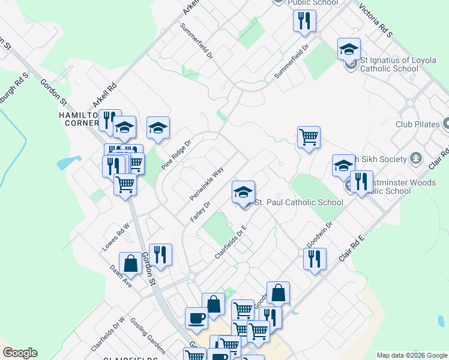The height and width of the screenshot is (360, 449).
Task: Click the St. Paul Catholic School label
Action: (x=299, y=202)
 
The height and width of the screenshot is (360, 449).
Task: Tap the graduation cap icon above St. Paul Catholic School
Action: (x=243, y=192)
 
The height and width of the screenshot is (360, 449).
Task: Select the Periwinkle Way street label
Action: (x=206, y=184)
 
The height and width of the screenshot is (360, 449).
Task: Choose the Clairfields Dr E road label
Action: (x=231, y=242)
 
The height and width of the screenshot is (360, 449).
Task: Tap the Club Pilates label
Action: (x=412, y=125)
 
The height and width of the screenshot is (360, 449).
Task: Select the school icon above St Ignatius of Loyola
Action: (x=349, y=49)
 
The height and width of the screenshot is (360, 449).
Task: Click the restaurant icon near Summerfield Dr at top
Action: (x=304, y=20)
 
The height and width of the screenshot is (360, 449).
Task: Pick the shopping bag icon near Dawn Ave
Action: (x=130, y=263)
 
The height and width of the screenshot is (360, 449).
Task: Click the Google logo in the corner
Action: (x=20, y=353)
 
